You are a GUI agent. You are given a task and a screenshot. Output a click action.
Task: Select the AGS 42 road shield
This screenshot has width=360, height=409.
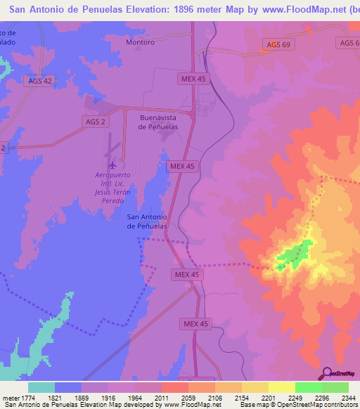[39, 81]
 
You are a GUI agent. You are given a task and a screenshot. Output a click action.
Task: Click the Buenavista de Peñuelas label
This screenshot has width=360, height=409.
[157, 122]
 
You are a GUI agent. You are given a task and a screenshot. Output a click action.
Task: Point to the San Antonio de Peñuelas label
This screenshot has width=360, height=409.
[146, 221]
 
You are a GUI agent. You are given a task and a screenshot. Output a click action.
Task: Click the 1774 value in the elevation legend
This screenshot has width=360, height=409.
[28, 398]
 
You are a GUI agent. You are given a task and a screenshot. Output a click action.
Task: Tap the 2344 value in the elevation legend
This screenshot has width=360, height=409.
[340, 398]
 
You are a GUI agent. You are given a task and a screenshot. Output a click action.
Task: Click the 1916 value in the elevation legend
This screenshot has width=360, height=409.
[108, 398]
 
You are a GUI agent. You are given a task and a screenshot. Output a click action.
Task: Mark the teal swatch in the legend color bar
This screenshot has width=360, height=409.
[41, 387]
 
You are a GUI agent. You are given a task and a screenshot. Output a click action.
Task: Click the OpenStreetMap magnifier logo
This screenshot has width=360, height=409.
[326, 374]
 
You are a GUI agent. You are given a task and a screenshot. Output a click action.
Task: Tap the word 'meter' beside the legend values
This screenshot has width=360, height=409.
[9, 398]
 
